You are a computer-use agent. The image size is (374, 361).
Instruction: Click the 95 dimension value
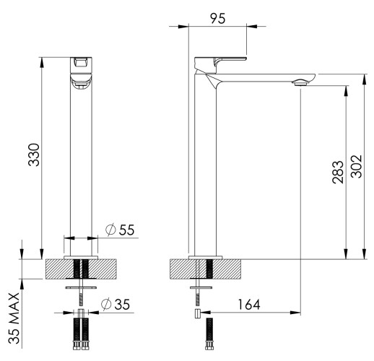pyautogui.click(x=217, y=18)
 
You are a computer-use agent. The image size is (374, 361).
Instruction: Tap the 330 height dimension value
pyautogui.click(x=34, y=155)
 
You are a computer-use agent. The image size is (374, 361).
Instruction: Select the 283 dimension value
pyautogui.click(x=338, y=172)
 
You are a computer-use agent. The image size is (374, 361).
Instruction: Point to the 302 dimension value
pyautogui.click(x=356, y=167)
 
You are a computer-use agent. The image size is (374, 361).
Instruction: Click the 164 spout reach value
pyautogui.click(x=249, y=305)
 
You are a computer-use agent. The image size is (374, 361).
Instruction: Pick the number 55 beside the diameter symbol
pyautogui.click(x=126, y=230)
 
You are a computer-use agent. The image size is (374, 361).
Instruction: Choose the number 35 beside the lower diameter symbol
pyautogui.click(x=122, y=304)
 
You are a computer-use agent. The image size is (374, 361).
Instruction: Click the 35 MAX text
pyautogui.click(x=14, y=318)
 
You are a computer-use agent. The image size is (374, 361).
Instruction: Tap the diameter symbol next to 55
pyautogui.click(x=110, y=230)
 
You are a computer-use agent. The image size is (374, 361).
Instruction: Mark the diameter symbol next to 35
pyautogui.click(x=106, y=304)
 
